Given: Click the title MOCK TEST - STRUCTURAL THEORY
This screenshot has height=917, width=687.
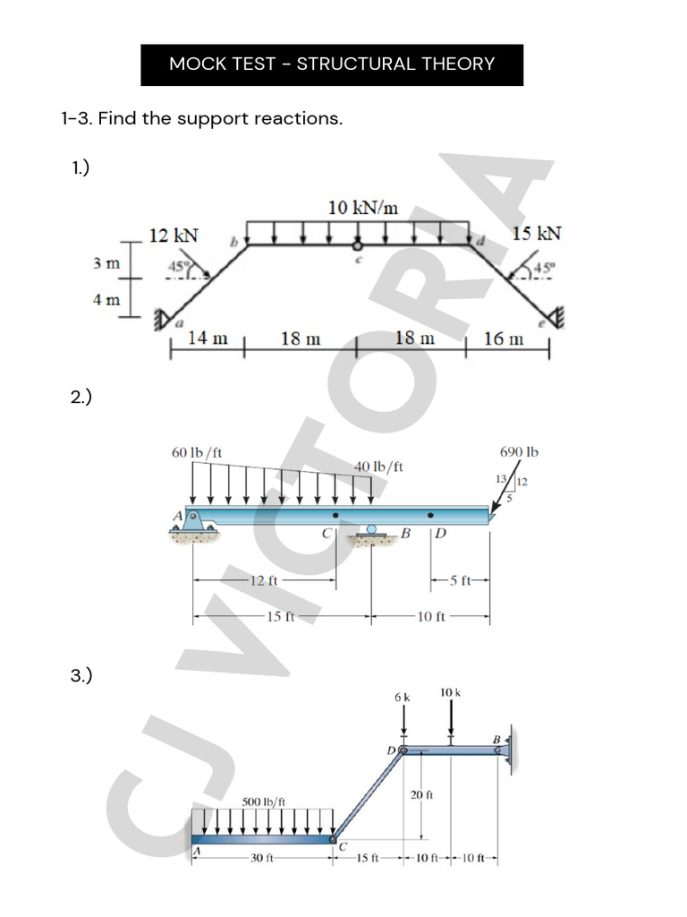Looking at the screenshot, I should [x=332, y=64].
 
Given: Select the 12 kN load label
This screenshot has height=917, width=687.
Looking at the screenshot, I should [x=174, y=236].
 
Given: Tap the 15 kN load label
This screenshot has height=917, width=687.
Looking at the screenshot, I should [x=537, y=234].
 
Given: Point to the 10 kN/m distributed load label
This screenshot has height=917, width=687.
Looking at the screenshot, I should [x=362, y=208].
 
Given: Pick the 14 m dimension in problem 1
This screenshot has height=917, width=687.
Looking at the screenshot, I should [x=208, y=339].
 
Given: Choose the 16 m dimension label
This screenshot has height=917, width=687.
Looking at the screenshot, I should [x=504, y=339].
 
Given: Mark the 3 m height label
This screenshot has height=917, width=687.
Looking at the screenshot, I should [x=106, y=263].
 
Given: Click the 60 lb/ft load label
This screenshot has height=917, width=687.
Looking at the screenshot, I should [x=197, y=453].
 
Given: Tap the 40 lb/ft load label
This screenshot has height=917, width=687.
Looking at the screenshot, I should [x=378, y=467].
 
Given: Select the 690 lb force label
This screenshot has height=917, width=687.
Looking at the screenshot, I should [x=519, y=453].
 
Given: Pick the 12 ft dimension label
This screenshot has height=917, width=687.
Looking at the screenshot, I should [x=264, y=580].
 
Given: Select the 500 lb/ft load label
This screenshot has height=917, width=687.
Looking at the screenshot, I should [x=264, y=801].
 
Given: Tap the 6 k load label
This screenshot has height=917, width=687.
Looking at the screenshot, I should [x=403, y=697].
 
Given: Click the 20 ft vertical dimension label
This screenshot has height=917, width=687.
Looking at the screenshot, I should [x=422, y=795].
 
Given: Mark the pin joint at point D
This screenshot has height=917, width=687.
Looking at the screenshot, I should [x=403, y=750].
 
